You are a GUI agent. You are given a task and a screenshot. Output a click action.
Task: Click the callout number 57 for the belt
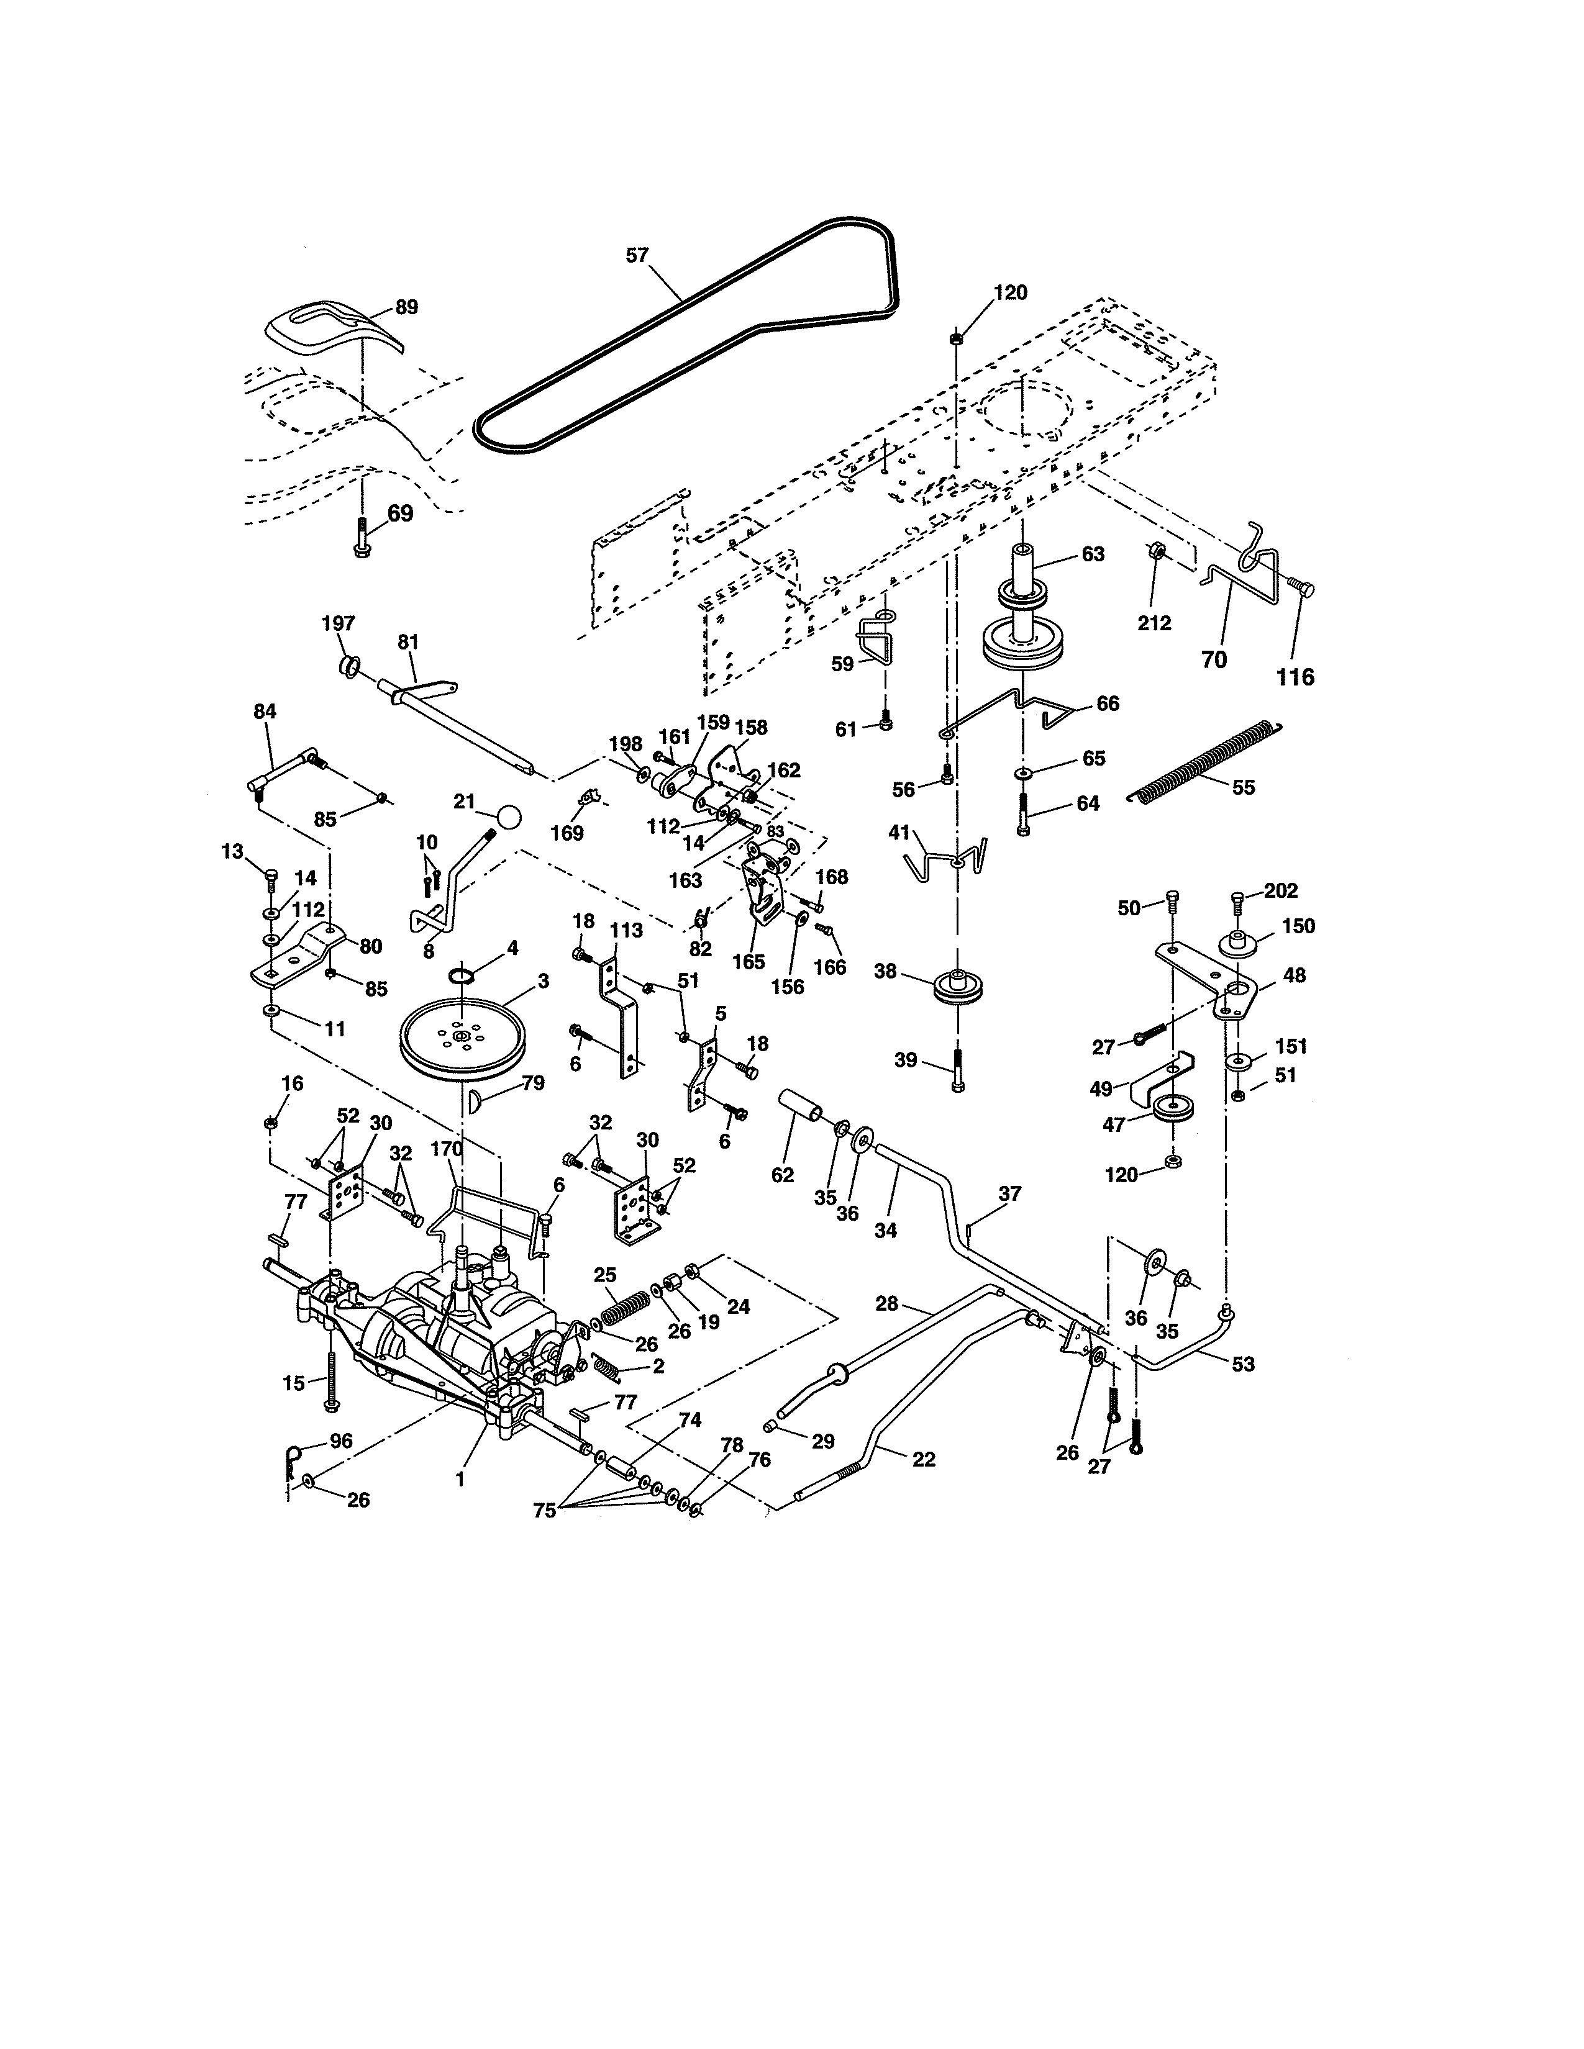coord(637,255)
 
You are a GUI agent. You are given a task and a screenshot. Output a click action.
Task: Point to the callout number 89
coord(406,307)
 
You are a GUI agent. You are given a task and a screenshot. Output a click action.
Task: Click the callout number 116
coord(1295,676)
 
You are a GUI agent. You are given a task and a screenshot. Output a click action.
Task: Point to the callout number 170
coord(447,1148)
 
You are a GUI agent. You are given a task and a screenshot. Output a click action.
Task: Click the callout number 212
coord(1154,623)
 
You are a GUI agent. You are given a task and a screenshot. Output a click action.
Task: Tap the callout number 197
coord(338,623)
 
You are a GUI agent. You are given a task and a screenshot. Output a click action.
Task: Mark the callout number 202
coord(1280,890)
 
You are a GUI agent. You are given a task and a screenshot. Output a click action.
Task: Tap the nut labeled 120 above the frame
coord(955,338)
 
